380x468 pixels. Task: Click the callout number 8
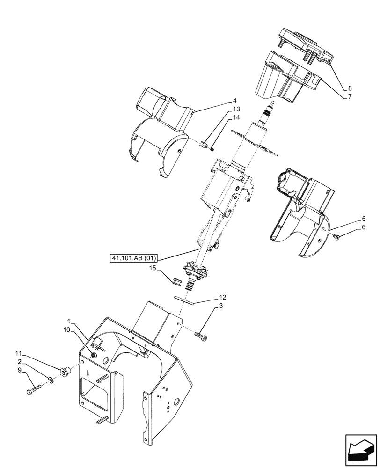pyautogui.click(x=350, y=88)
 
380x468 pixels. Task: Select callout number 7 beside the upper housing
pyautogui.click(x=350, y=97)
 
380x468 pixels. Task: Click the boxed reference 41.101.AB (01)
pyautogui.click(x=135, y=257)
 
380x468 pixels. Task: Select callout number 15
pyautogui.click(x=152, y=269)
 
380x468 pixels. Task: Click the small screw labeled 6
pyautogui.click(x=336, y=238)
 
